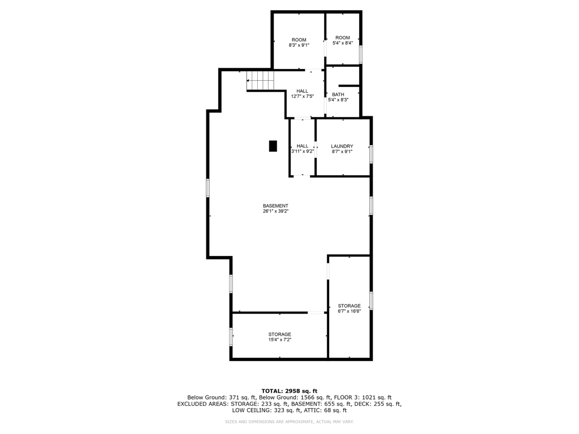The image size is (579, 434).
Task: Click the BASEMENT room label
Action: (275, 206)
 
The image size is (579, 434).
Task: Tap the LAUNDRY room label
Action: (342, 146)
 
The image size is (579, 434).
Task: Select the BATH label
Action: (338, 94)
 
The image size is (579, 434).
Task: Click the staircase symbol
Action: (260, 81)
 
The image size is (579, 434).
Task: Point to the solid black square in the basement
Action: (273, 146)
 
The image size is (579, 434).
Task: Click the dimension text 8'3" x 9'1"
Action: (299, 46)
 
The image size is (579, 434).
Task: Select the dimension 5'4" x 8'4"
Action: (342, 44)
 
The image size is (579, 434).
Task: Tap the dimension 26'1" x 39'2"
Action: (275, 211)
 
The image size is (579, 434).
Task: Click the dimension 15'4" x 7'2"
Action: (280, 340)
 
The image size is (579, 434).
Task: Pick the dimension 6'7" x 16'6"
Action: (349, 311)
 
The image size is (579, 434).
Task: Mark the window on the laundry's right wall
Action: (371, 154)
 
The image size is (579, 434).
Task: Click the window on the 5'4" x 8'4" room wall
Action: (361, 54)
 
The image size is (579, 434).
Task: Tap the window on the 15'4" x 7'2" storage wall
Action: (231, 337)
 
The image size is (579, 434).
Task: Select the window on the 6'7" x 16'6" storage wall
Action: (371, 301)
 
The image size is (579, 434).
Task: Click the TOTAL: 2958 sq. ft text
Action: (289, 390)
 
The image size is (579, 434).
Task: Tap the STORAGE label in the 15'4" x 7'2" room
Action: (280, 335)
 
